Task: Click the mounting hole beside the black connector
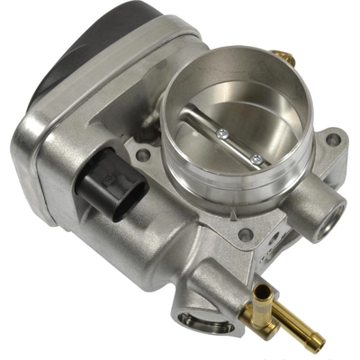click(143, 156)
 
